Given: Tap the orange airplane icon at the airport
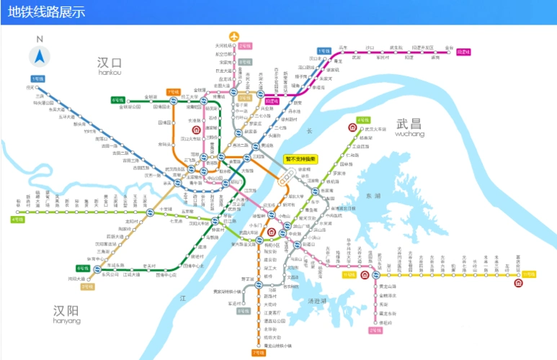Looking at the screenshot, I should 233,36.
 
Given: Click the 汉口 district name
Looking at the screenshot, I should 110,64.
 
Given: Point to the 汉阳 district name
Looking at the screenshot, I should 67,311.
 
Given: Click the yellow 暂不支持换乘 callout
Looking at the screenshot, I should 301,159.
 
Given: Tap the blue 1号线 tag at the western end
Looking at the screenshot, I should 37,78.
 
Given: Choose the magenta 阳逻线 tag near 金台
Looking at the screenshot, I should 463,52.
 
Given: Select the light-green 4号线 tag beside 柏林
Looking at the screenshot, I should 17,219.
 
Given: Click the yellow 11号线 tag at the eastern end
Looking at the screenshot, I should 530,274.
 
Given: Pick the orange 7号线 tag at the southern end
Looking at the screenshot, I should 258,353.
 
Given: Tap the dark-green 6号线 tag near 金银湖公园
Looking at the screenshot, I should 117,100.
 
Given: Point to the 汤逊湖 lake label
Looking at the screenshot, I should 316,300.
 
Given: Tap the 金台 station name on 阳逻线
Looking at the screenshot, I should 450,47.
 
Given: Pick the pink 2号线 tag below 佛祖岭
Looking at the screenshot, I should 375,330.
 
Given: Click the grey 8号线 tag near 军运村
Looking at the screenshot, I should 243,310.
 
